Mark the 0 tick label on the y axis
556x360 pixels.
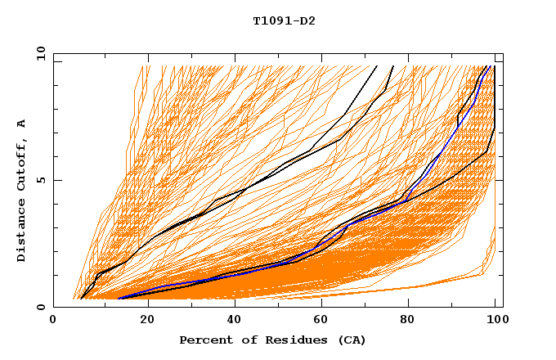tap(40, 307)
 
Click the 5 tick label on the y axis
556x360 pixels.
tap(40, 180)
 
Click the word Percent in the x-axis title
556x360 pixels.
tap(203, 340)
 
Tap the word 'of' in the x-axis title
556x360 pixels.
tap(238, 340)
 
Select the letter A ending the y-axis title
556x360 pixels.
tap(22, 123)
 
